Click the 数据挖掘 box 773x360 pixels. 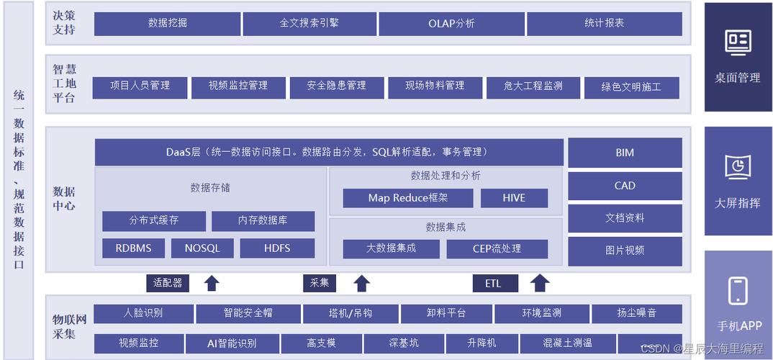pyautogui.click(x=167, y=23)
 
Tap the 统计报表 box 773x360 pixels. pyautogui.click(x=604, y=23)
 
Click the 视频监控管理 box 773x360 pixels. pyautogui.click(x=238, y=87)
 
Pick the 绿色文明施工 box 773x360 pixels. pyautogui.click(x=630, y=88)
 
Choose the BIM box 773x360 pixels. pyautogui.click(x=625, y=153)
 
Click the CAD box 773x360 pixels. pyautogui.click(x=625, y=186)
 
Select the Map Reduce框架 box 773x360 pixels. pyautogui.click(x=407, y=198)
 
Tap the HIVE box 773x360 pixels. pyautogui.click(x=514, y=198)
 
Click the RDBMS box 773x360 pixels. pyautogui.click(x=133, y=248)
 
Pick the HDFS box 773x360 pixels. pyautogui.click(x=277, y=248)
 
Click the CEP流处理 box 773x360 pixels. pyautogui.click(x=497, y=249)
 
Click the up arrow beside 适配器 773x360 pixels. pyautogui.click(x=212, y=283)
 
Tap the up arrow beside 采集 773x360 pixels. pyautogui.click(x=362, y=283)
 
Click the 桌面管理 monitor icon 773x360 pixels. pyautogui.click(x=738, y=42)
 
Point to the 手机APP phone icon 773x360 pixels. pyautogui.click(x=738, y=291)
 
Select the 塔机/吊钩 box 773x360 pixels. pyautogui.click(x=350, y=314)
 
